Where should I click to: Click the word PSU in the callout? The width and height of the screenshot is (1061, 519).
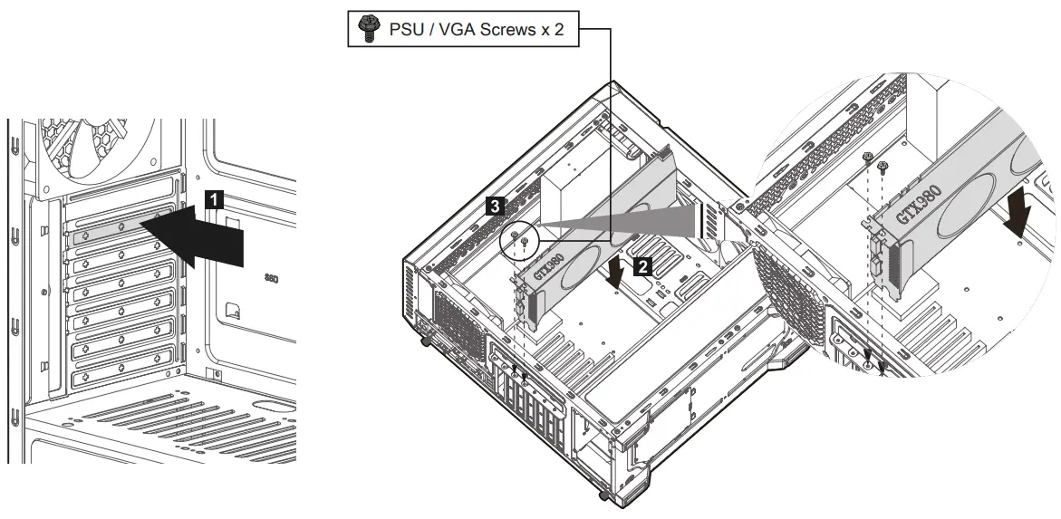[403, 30]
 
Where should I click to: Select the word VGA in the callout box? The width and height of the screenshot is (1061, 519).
[455, 30]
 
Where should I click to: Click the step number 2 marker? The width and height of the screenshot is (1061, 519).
[641, 266]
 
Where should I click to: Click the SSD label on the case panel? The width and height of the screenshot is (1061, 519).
[272, 280]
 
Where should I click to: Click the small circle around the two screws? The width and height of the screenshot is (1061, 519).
[519, 239]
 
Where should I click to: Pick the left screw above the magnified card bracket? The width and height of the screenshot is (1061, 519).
[868, 159]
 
